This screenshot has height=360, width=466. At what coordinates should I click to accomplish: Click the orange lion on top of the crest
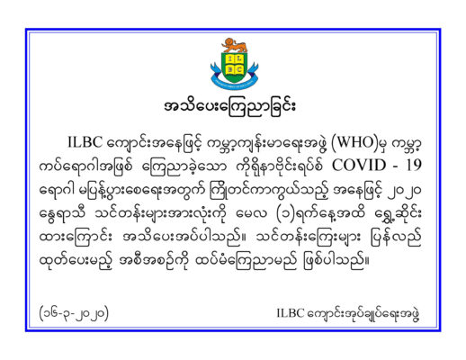click(234, 45)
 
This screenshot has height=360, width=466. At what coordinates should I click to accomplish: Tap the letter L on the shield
click(239, 58)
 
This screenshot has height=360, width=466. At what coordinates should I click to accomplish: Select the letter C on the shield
click(239, 70)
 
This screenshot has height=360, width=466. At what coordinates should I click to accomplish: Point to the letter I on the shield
click(229, 58)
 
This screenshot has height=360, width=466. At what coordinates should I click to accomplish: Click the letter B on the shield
click(229, 70)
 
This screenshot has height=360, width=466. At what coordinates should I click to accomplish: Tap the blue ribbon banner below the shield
click(234, 81)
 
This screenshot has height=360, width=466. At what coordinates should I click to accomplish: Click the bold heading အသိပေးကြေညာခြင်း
click(229, 107)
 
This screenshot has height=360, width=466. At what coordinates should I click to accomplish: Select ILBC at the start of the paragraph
click(85, 142)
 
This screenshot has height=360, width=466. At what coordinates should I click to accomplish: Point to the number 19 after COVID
click(414, 166)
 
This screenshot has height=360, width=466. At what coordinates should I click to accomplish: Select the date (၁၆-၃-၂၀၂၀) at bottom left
click(74, 313)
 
